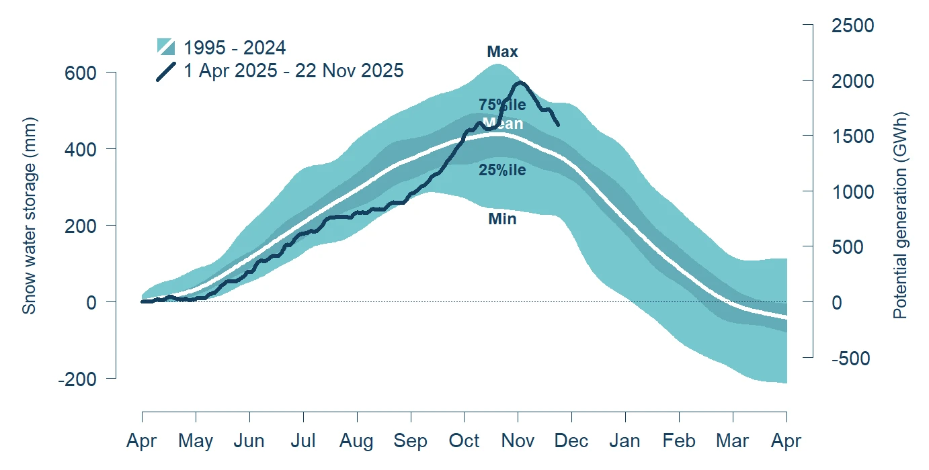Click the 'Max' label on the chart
click(502, 52)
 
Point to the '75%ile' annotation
click(502, 105)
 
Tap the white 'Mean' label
click(502, 124)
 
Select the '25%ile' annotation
click(502, 171)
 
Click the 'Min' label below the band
click(502, 218)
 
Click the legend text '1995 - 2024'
click(235, 48)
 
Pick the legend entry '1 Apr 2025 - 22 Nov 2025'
click(294, 70)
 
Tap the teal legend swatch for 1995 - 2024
click(166, 47)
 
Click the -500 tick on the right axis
click(851, 359)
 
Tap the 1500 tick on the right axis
click(850, 136)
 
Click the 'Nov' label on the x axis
click(518, 441)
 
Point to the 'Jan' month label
click(625, 441)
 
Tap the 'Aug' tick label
click(356, 441)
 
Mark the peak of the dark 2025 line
click(520, 83)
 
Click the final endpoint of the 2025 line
click(558, 124)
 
